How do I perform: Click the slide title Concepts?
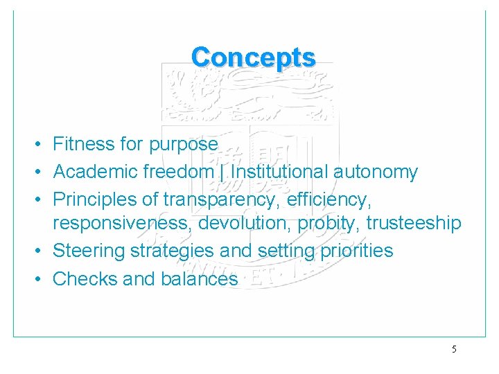pyautogui.click(x=253, y=57)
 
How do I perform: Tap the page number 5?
pyautogui.click(x=454, y=349)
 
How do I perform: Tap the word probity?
pyautogui.click(x=331, y=224)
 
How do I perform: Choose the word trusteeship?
pyautogui.click(x=413, y=223)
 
